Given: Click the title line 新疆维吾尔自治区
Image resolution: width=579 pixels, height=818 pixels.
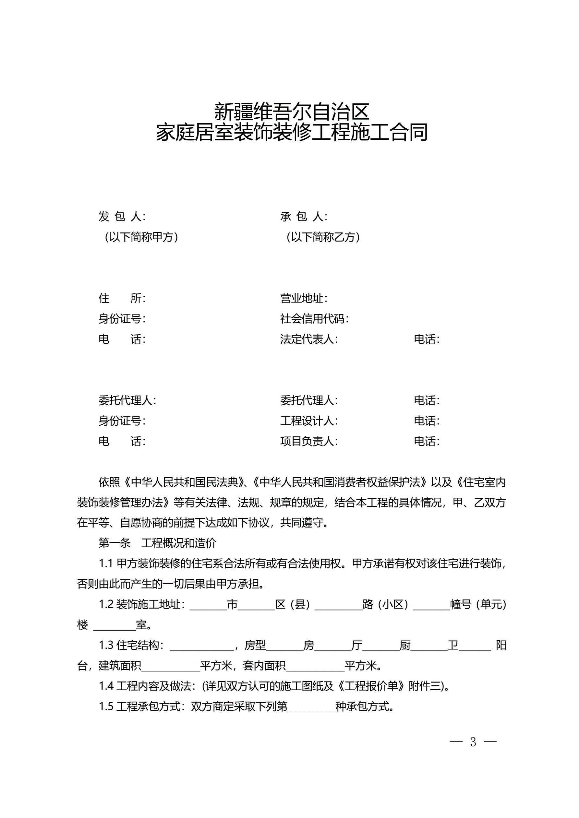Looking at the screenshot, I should point(291,112).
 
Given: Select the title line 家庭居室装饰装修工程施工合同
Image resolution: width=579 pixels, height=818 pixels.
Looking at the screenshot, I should point(291,133).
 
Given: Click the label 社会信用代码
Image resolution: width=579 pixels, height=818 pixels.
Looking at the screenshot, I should point(314,318).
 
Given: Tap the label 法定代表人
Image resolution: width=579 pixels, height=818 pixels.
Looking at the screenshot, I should point(309,339).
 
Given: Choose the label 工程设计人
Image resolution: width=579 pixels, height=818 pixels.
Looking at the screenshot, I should point(309,421).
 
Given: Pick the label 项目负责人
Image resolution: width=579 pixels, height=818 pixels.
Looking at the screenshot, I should point(309,441).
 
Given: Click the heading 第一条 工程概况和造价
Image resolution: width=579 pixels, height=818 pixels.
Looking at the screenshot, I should point(157,543).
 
